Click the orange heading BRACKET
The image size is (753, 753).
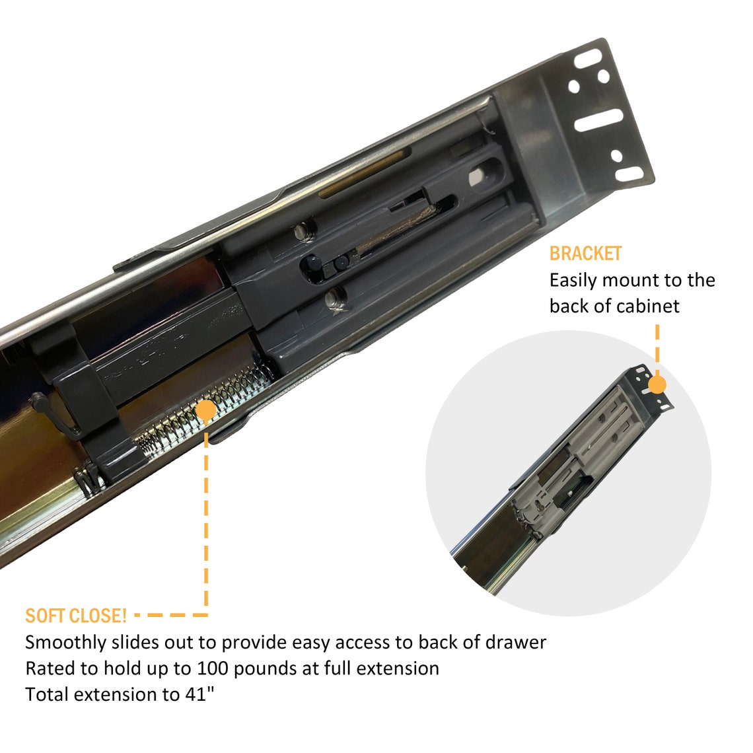[585, 253]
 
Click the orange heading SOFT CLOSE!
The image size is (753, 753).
[76, 616]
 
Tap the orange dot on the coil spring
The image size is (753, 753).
[207, 411]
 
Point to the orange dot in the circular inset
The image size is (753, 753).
[657, 384]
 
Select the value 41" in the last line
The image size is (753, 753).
[199, 694]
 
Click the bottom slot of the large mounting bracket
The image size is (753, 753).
[629, 174]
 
